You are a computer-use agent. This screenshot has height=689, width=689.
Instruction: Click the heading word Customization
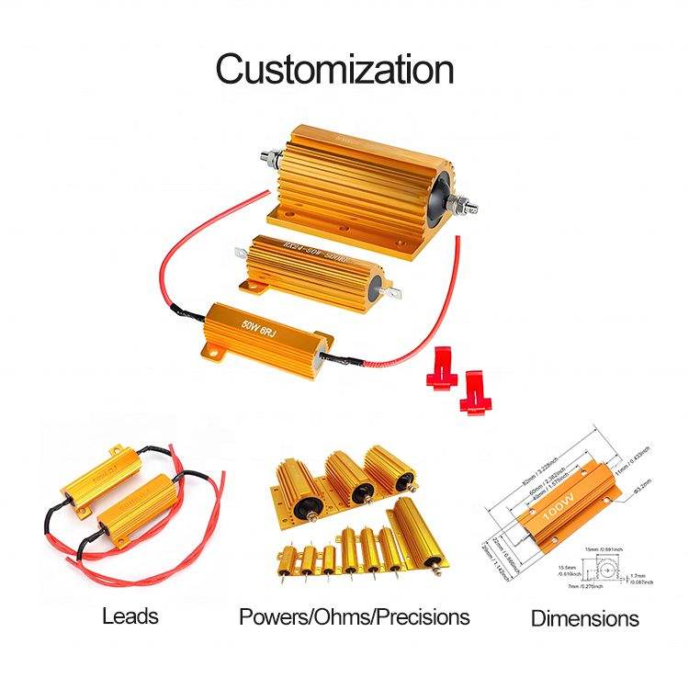pos(334,69)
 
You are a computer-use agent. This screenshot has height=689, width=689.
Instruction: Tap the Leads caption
pos(130,616)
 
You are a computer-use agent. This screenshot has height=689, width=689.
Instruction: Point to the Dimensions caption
pos(584,618)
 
